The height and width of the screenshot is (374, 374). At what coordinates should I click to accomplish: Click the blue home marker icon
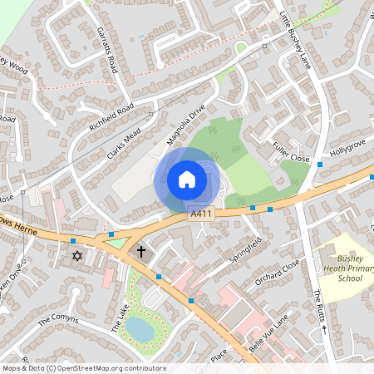187,179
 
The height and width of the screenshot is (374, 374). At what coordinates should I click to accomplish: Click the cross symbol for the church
141,251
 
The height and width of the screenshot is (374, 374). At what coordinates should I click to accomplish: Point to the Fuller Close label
290,153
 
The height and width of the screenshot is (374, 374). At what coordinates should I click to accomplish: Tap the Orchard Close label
278,273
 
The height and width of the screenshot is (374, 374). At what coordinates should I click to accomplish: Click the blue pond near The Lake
140,330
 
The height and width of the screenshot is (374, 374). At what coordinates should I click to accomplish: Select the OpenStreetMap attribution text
85,367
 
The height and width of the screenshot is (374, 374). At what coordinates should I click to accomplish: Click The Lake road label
121,316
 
